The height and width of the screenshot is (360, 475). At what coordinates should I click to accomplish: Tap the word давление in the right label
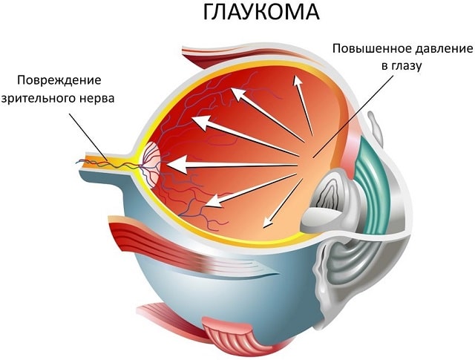[x=440, y=50]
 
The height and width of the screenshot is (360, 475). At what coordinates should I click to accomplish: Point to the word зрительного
[x=42, y=98]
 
